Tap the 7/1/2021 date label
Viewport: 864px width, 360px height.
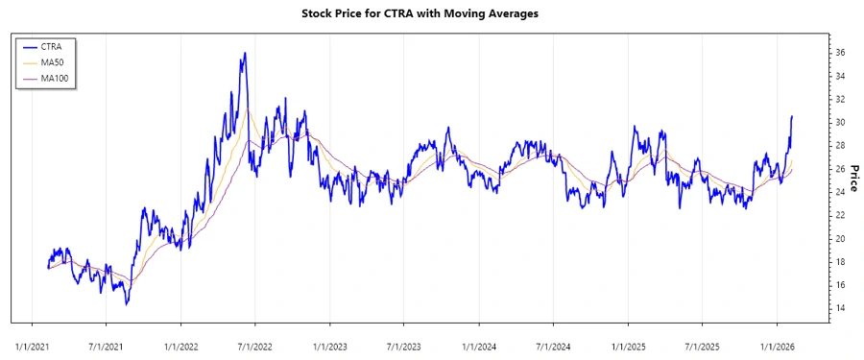coord(106,344)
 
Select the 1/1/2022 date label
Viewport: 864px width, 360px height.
coord(180,344)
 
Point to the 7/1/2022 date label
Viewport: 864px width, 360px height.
coord(254,344)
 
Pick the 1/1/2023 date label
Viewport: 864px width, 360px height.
coord(329,344)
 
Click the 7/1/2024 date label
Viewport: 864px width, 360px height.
coord(553,344)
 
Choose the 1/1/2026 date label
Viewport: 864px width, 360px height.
coord(777,344)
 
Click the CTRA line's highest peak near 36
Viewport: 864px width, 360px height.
coord(246,53)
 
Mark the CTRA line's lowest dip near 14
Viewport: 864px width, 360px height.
coord(127,304)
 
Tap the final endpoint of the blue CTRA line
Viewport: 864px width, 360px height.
coord(792,116)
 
